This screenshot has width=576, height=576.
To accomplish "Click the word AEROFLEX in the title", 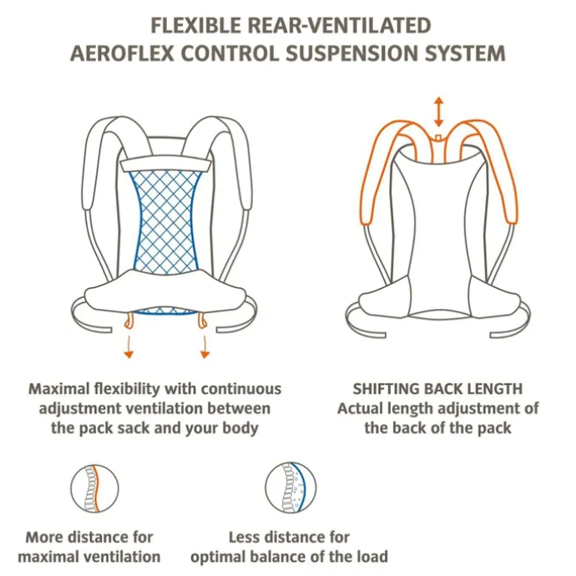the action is [x=122, y=53].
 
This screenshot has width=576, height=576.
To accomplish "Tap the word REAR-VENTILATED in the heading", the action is [x=340, y=26].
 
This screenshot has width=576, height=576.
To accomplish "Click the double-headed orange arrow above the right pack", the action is [x=438, y=112].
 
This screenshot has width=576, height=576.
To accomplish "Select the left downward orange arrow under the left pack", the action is [x=129, y=346].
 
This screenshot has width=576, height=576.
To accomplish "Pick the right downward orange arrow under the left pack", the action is [x=205, y=346].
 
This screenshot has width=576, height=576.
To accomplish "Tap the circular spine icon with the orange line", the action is [x=95, y=488].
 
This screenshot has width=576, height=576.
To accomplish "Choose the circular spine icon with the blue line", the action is [x=291, y=488].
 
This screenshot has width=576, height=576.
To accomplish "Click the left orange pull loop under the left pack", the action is [x=128, y=321].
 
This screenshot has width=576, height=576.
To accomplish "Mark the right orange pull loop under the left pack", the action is [x=202, y=321].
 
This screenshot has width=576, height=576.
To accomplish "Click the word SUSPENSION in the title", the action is [x=352, y=53].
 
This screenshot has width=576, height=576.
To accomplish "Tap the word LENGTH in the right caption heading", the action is [x=495, y=389].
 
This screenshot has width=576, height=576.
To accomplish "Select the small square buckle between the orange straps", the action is [x=438, y=139].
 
